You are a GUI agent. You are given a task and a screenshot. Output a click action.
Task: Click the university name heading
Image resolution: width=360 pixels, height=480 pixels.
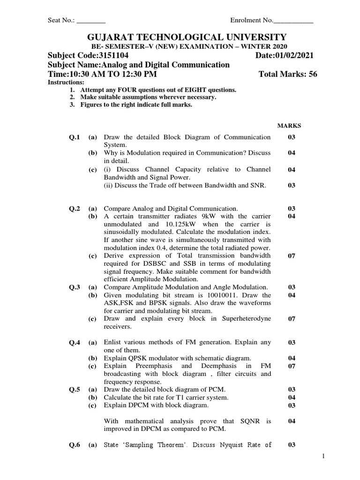[180, 37]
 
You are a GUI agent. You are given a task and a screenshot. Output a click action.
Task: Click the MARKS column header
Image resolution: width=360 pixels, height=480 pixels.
[289, 126]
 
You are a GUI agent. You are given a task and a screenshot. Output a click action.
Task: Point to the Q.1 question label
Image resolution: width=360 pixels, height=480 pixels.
[75, 137]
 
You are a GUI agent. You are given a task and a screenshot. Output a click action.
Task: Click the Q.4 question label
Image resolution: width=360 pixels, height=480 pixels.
[75, 343]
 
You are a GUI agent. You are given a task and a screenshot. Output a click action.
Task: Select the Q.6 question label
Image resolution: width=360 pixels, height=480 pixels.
[75, 445]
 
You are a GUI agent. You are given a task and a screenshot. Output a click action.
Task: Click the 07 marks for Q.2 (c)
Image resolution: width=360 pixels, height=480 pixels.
[291, 256]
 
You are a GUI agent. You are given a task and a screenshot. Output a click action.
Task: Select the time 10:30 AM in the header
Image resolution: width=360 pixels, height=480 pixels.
[83, 75]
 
